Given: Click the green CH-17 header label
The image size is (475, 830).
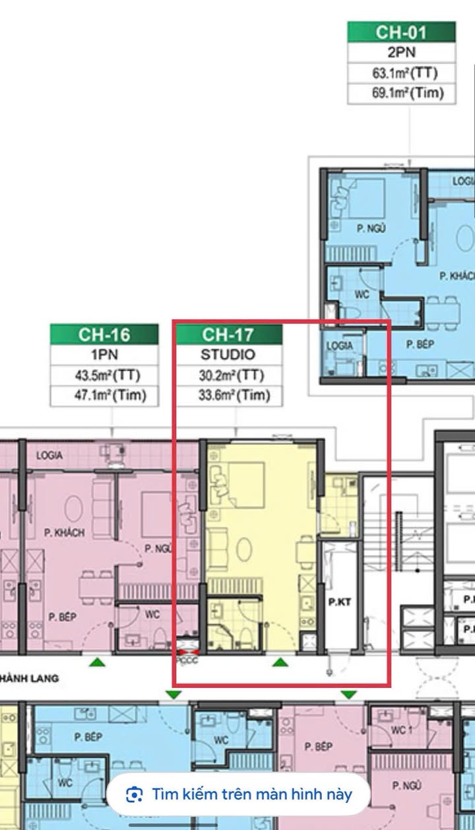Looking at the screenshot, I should click(228, 334).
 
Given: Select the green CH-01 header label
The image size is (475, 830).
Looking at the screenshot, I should click(401, 32).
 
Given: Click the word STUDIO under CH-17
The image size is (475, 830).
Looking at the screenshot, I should click(228, 355).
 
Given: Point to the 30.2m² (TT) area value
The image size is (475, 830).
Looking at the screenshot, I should click(228, 375).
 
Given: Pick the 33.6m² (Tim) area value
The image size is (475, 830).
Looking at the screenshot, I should click(228, 396).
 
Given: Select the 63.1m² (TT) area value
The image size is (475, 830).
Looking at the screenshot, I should click(401, 73).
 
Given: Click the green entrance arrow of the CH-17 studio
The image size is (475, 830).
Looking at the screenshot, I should click(281, 662).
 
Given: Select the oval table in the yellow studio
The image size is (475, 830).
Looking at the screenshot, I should click(245, 548).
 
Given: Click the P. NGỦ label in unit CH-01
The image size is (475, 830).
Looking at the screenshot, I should click(371, 228).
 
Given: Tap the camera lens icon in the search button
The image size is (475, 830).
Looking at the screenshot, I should click(134, 794).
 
